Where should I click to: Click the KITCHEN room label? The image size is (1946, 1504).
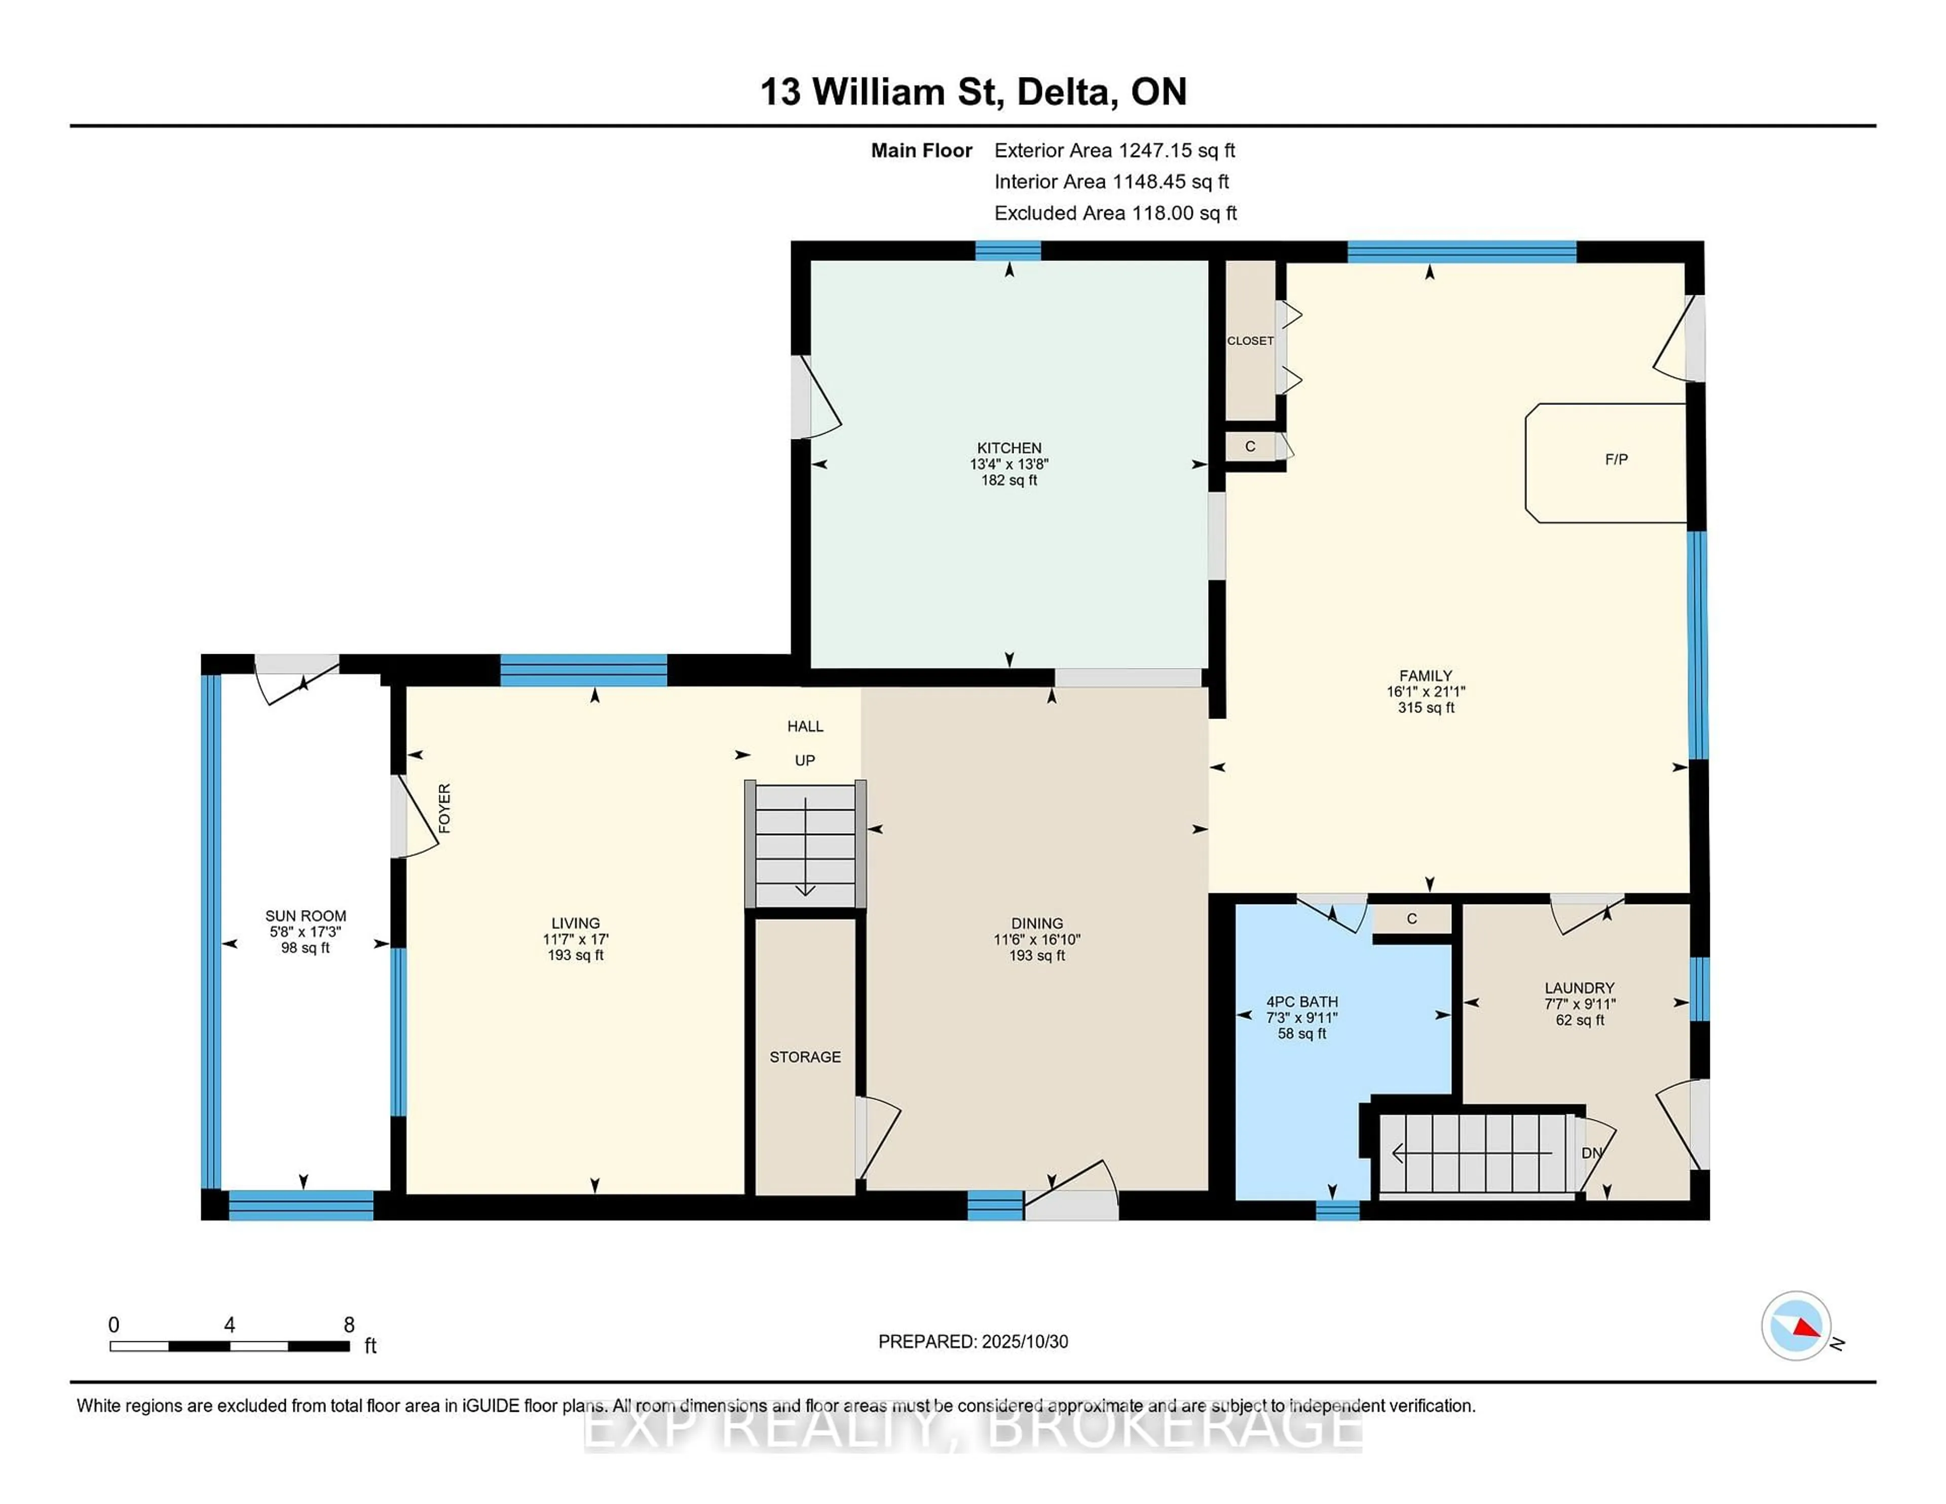(1008, 448)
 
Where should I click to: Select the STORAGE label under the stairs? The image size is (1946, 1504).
(805, 1057)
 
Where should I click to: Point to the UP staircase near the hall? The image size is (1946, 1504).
(805, 843)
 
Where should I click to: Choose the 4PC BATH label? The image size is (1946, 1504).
(1302, 1001)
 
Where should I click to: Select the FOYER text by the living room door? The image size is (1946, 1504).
(444, 808)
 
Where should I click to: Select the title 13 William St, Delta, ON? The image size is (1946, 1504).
(973, 92)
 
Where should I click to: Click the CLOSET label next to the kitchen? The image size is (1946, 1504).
(1250, 341)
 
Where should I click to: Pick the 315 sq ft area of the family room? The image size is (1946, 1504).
(1426, 707)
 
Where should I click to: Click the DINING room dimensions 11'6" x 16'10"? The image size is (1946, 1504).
(1037, 939)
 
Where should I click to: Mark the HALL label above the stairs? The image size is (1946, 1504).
(805, 726)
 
